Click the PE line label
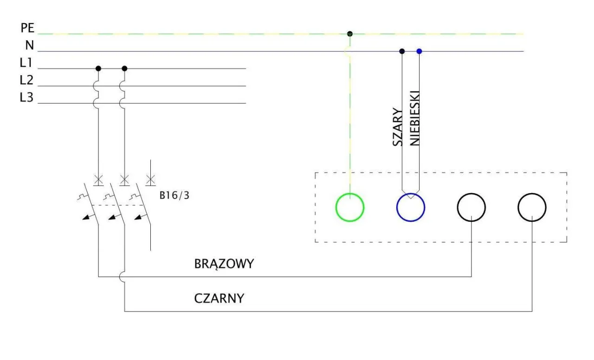click(x=27, y=28)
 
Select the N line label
click(x=29, y=45)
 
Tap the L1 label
click(x=26, y=63)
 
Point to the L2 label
click(x=26, y=80)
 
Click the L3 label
click(x=26, y=98)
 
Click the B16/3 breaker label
click(x=174, y=195)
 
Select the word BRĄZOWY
click(x=224, y=264)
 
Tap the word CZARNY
click(x=219, y=298)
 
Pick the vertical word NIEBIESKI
click(x=415, y=118)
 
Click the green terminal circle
click(x=350, y=207)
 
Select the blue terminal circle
click(x=411, y=207)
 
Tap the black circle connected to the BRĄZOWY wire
click(x=471, y=207)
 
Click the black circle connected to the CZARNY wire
click(x=532, y=207)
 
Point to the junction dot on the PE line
click(x=350, y=33)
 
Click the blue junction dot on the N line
click(x=419, y=51)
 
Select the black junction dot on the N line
click(x=402, y=51)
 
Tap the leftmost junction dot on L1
click(x=98, y=69)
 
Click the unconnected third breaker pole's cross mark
click(x=150, y=179)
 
